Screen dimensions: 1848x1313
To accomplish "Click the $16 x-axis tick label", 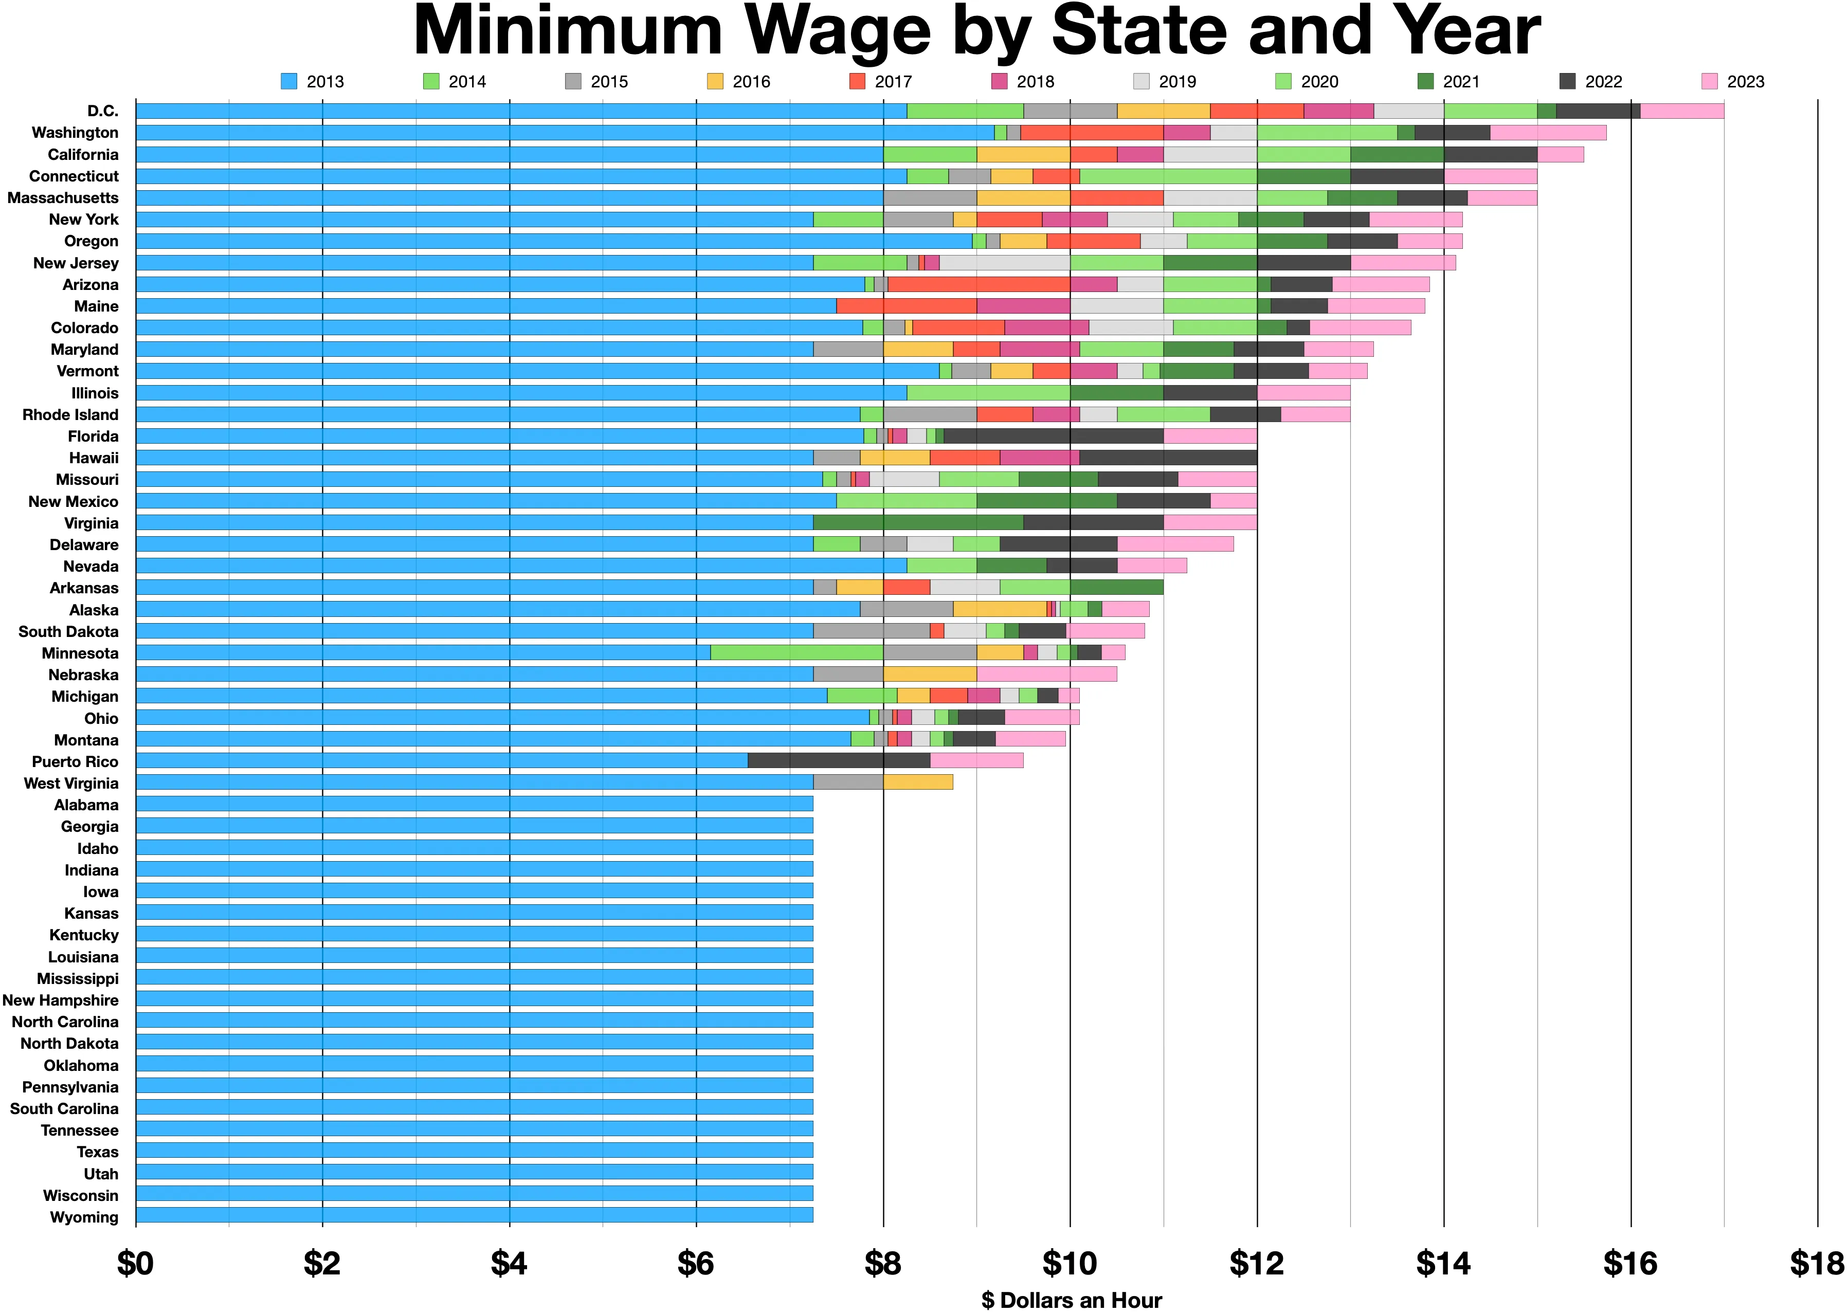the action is click(x=1630, y=1264).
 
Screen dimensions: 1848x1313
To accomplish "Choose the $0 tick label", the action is click(x=136, y=1264).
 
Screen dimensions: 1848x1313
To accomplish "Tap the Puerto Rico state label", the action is click(x=75, y=761).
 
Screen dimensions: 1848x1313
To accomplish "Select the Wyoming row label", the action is click(x=84, y=1217).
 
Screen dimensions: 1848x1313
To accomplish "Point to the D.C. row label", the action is click(x=103, y=111).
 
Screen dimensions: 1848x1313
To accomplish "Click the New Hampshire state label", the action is click(x=61, y=1000).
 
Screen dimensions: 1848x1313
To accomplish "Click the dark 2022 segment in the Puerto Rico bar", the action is click(x=839, y=761).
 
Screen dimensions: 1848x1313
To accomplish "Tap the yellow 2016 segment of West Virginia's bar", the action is click(x=918, y=782).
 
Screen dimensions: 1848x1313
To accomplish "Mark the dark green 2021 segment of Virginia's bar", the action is click(x=918, y=522).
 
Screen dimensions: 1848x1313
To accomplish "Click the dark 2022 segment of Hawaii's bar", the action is click(x=1168, y=458).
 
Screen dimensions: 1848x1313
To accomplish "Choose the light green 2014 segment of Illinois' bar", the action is click(x=989, y=393).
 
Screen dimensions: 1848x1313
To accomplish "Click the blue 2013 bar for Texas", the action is click(x=475, y=1151).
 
